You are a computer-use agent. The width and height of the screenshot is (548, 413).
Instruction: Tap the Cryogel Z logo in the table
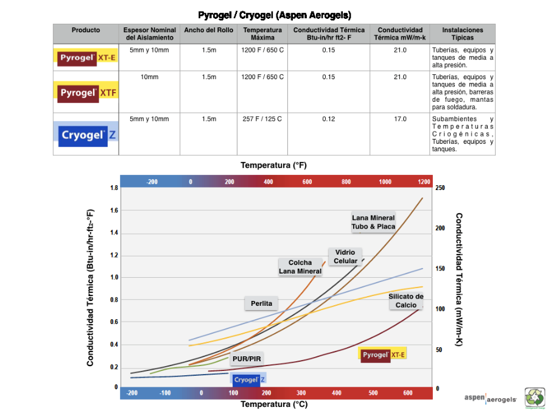point(85,135)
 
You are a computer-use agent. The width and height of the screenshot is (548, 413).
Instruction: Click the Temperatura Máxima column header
point(262,34)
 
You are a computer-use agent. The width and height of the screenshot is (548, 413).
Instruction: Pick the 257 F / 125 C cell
point(262,119)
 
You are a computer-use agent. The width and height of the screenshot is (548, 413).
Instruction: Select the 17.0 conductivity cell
point(400,119)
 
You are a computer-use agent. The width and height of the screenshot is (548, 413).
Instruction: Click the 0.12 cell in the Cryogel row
point(329,119)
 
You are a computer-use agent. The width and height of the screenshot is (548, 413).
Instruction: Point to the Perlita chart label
point(261,303)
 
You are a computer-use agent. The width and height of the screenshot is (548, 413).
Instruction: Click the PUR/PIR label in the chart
point(247,359)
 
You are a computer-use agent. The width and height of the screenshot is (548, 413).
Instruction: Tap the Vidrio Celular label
point(345,256)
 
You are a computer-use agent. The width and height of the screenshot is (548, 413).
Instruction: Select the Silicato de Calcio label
point(406,301)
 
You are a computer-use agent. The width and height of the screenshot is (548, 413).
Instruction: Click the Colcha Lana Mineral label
point(300,267)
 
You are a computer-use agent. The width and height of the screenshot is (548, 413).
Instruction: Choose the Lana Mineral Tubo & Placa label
point(373,222)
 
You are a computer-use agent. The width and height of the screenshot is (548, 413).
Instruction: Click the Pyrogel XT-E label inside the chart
point(383,355)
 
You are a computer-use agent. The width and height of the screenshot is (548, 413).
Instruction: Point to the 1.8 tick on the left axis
point(114,188)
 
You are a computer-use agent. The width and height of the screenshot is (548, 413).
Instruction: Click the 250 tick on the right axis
point(440,188)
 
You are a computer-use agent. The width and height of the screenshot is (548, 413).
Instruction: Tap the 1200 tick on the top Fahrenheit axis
point(424,182)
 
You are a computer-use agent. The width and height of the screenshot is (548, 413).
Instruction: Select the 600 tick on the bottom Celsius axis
point(408,393)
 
